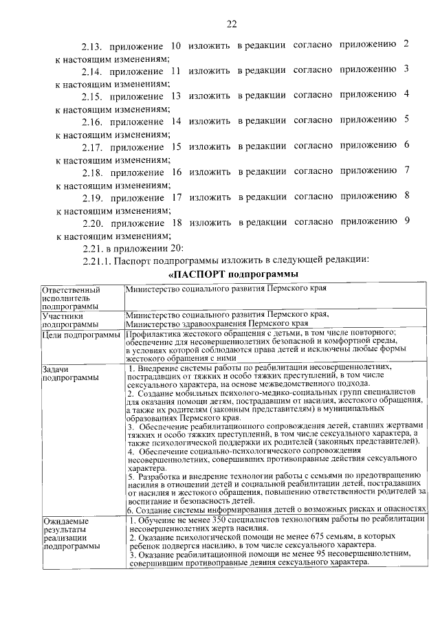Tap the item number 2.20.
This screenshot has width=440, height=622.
point(91,223)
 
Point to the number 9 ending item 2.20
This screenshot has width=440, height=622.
point(407,221)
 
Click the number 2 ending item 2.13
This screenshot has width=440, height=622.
point(407,45)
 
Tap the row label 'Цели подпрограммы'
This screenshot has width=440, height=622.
point(81,335)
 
